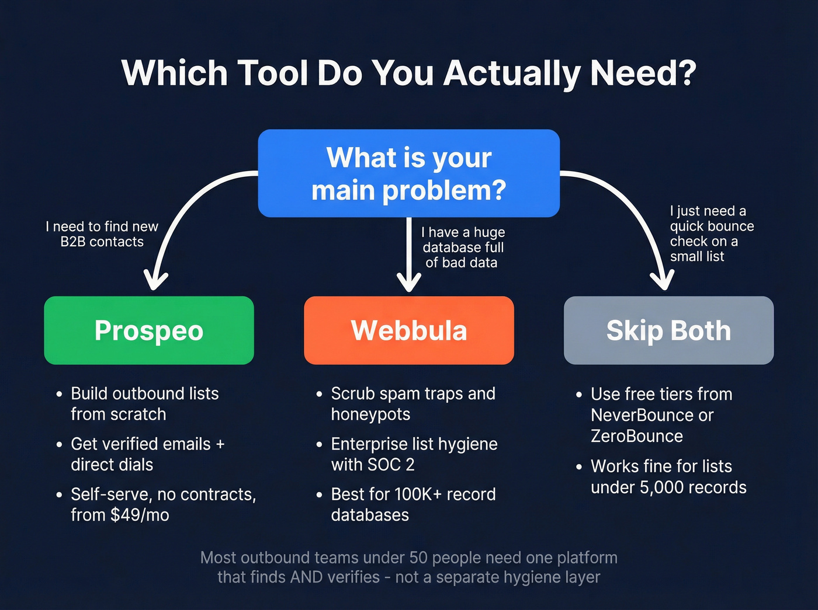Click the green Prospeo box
[149, 330]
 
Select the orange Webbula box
[409, 330]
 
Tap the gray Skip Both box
[668, 330]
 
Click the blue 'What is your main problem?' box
[409, 173]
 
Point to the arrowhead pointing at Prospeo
[156, 281]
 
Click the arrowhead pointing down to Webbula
[409, 283]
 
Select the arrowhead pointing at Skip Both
[662, 281]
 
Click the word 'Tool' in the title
[272, 74]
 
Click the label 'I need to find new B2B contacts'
[102, 234]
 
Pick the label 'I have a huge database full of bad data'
[462, 248]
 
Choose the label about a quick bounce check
[711, 233]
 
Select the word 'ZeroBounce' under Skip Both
[636, 436]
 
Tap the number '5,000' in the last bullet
[663, 487]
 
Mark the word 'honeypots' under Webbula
[370, 414]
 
